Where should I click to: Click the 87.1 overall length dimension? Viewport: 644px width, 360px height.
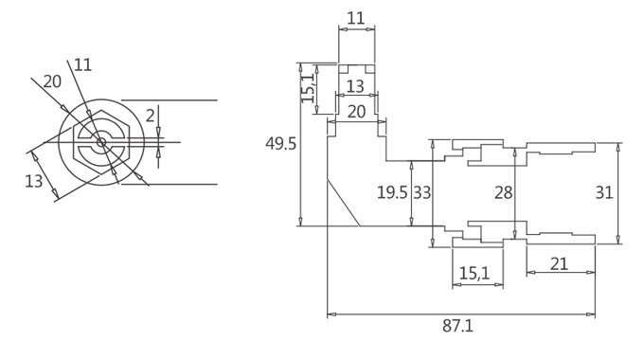pos(458,326)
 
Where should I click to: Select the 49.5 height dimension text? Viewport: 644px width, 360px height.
pos(280,144)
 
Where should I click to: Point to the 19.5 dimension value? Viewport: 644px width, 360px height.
pos(392,192)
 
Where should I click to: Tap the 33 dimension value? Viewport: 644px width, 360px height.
pos(421,192)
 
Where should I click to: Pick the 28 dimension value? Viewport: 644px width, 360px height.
pos(504,192)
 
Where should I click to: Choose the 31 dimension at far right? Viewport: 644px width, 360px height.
pos(604,192)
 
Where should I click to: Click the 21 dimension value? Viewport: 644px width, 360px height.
pos(559,263)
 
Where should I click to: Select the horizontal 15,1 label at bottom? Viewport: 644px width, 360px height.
pos(474,273)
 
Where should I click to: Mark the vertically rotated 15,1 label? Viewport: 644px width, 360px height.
pos(308,88)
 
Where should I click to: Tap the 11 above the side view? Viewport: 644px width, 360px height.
pos(356,19)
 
